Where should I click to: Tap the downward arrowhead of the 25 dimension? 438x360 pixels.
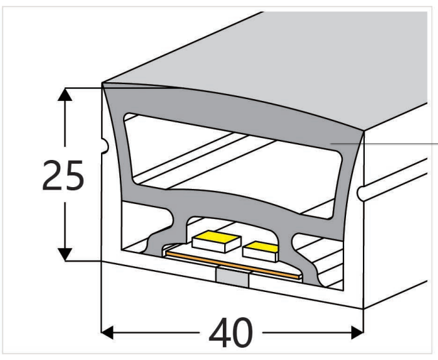[x=63, y=253]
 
